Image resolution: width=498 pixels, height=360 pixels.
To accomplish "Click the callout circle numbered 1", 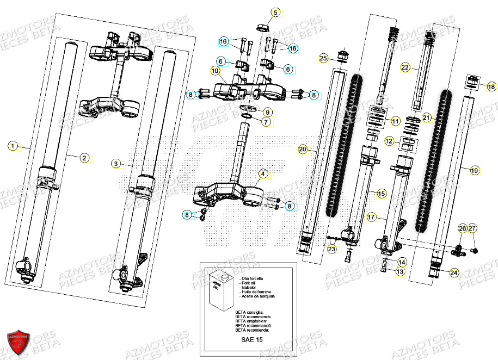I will (13, 146).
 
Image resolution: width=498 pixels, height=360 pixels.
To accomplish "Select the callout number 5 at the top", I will (275, 13).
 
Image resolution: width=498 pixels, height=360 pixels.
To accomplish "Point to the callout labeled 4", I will (263, 174).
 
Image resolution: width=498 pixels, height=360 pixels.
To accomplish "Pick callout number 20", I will (303, 148).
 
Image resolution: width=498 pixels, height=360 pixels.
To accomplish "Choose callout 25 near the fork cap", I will (323, 58).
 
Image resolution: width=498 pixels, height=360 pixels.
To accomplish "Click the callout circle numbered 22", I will (405, 67).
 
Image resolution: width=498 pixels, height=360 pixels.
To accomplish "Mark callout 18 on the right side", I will (490, 87).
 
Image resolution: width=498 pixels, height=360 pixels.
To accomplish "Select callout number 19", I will (474, 170).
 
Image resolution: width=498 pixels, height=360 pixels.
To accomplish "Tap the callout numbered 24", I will (454, 272).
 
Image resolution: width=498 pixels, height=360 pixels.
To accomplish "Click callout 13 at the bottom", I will (400, 271).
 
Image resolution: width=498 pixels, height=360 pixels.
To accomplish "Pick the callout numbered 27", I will (472, 228).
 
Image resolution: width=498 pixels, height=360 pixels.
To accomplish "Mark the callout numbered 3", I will (115, 163).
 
